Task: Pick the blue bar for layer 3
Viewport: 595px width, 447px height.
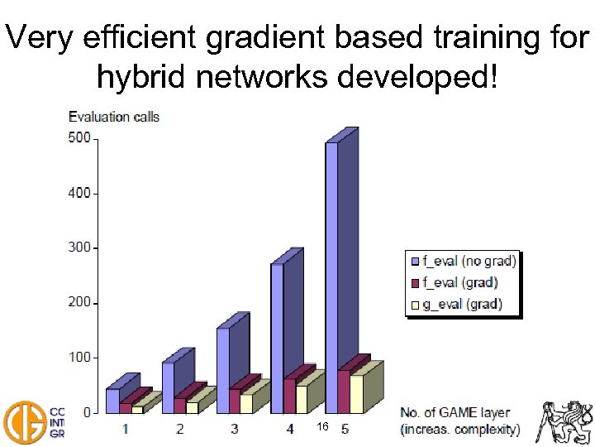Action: (222, 364)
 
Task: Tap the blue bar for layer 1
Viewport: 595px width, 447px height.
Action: (112, 399)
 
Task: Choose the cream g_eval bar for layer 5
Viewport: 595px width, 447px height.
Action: (356, 394)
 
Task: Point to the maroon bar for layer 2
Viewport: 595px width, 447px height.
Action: (179, 405)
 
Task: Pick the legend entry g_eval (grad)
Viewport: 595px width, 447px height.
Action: (462, 305)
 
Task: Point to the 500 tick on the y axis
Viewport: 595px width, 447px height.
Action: (79, 138)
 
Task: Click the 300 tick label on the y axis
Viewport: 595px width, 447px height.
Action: (79, 248)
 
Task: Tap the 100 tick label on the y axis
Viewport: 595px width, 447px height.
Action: (79, 358)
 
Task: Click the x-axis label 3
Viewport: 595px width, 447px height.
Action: (235, 429)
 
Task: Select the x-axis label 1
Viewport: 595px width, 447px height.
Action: (125, 429)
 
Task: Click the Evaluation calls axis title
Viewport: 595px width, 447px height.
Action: (113, 117)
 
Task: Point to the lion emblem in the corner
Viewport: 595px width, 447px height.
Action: (566, 421)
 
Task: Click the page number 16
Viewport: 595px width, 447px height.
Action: (323, 425)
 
